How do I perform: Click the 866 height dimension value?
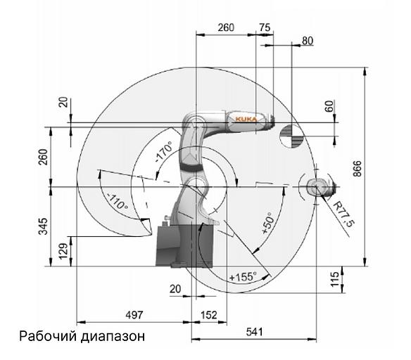(357, 168)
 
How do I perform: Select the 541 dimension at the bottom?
(254, 332)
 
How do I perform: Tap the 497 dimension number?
(134, 315)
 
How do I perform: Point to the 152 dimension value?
(209, 315)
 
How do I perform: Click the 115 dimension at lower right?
(335, 279)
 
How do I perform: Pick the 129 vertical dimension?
(63, 251)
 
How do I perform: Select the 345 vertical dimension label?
(43, 226)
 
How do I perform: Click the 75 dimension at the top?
(265, 27)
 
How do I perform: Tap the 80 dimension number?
(308, 41)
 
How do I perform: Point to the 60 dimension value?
(329, 106)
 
